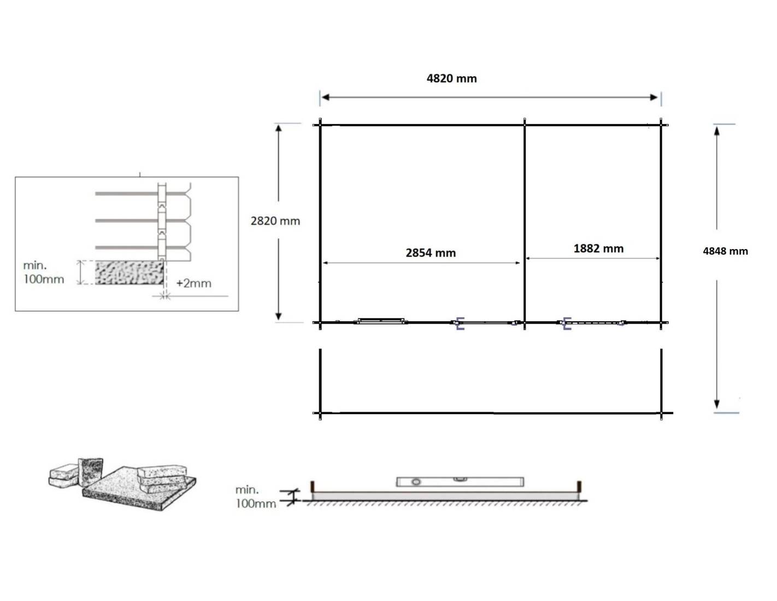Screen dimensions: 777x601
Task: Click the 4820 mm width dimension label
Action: pyautogui.click(x=451, y=78)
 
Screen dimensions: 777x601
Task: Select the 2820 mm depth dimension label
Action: pyautogui.click(x=275, y=221)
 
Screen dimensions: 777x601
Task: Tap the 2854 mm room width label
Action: pyautogui.click(x=431, y=253)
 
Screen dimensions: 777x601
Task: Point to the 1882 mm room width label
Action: pyautogui.click(x=598, y=249)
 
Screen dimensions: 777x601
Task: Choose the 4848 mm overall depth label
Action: pyautogui.click(x=725, y=251)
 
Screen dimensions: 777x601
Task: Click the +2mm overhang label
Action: pyautogui.click(x=193, y=283)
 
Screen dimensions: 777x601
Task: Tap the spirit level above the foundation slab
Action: pyautogui.click(x=460, y=481)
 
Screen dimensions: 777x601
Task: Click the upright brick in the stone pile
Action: pyautogui.click(x=91, y=472)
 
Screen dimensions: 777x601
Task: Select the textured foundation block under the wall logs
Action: pyautogui.click(x=129, y=273)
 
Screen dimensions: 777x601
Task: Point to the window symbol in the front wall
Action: pyautogui.click(x=380, y=321)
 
